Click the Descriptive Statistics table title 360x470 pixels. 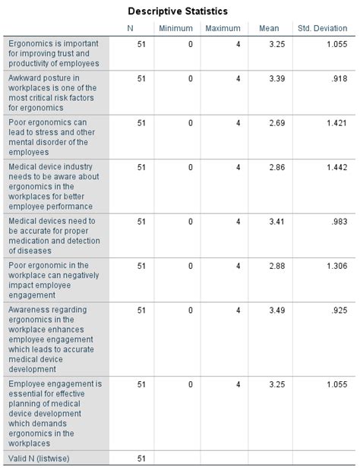point(178,11)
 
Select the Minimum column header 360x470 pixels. point(176,28)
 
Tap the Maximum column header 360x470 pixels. point(223,28)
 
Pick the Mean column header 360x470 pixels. point(269,28)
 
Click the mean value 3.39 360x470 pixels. point(276,78)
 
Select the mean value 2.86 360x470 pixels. point(276,166)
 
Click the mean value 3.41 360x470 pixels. point(276,222)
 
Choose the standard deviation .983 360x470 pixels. point(339,222)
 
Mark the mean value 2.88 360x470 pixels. point(276,266)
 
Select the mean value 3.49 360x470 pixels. point(276,310)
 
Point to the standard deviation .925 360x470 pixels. point(339,310)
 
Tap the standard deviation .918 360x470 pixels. point(339,78)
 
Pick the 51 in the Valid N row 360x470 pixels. point(141,458)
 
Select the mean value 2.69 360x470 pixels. point(276,122)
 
